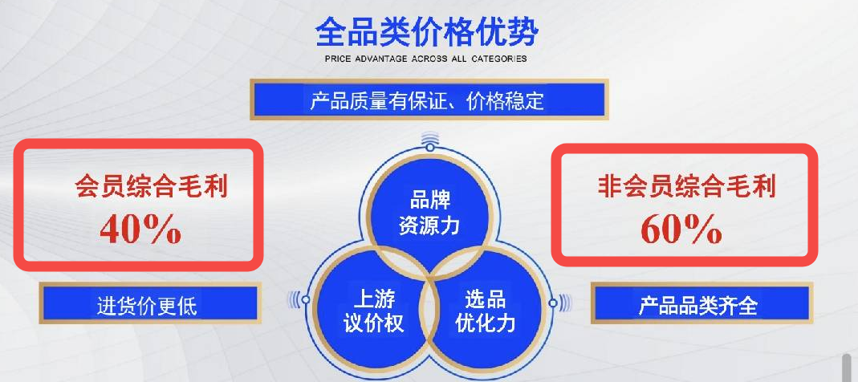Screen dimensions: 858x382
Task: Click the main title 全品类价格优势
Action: pyautogui.click(x=427, y=32)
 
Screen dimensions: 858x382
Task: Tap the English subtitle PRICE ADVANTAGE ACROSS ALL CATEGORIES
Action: pyautogui.click(x=425, y=59)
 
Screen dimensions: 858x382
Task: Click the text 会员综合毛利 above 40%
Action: pyautogui.click(x=152, y=186)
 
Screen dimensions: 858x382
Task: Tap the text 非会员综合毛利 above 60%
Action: pyautogui.click(x=686, y=186)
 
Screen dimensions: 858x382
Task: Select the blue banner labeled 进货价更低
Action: pyautogui.click(x=148, y=303)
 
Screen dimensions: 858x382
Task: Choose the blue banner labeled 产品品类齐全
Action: pyautogui.click(x=701, y=303)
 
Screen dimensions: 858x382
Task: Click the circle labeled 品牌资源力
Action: pyautogui.click(x=429, y=213)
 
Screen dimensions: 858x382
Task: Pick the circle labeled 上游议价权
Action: pyautogui.click(x=372, y=310)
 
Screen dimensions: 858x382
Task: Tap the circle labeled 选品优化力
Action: pyautogui.click(x=486, y=310)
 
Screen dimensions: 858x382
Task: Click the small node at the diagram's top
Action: pyautogui.click(x=430, y=147)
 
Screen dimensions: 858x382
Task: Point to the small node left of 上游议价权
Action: pyautogui.click(x=305, y=299)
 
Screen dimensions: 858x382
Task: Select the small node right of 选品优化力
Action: pyautogui.click(x=553, y=302)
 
